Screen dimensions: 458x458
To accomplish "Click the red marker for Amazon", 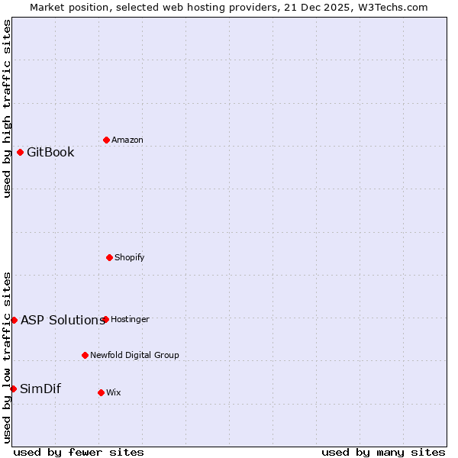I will click(x=106, y=140).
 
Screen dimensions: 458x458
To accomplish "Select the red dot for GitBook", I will click(x=20, y=152).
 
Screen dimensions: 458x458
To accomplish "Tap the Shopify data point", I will click(x=109, y=257).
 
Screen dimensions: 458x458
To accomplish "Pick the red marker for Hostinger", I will click(x=105, y=319).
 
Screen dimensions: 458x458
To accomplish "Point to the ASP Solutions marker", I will click(x=14, y=320).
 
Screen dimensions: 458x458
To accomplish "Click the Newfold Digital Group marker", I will click(x=85, y=355).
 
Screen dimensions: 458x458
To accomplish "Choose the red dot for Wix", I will click(x=101, y=392).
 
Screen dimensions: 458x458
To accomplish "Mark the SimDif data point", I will click(x=13, y=389).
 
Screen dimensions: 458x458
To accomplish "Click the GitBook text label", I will click(x=50, y=152).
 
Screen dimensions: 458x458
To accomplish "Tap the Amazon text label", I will click(x=127, y=140).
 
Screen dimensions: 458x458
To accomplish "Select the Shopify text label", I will click(x=130, y=257).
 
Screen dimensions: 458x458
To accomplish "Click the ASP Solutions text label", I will click(x=63, y=320).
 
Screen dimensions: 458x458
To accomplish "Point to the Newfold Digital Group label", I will click(x=134, y=355).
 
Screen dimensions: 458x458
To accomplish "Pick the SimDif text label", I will click(x=40, y=389).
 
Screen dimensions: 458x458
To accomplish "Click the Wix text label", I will click(x=113, y=392).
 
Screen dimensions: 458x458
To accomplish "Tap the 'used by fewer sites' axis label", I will click(x=79, y=452).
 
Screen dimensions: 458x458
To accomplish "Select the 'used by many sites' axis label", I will click(x=383, y=452).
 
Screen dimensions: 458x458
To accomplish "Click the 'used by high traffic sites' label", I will click(x=7, y=108).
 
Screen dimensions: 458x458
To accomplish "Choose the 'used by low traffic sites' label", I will click(x=7, y=357).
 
